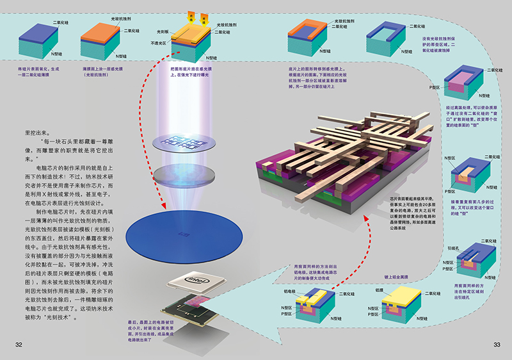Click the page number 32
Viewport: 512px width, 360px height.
19,345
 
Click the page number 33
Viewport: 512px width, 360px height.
496,345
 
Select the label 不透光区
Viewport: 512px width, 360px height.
159,44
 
